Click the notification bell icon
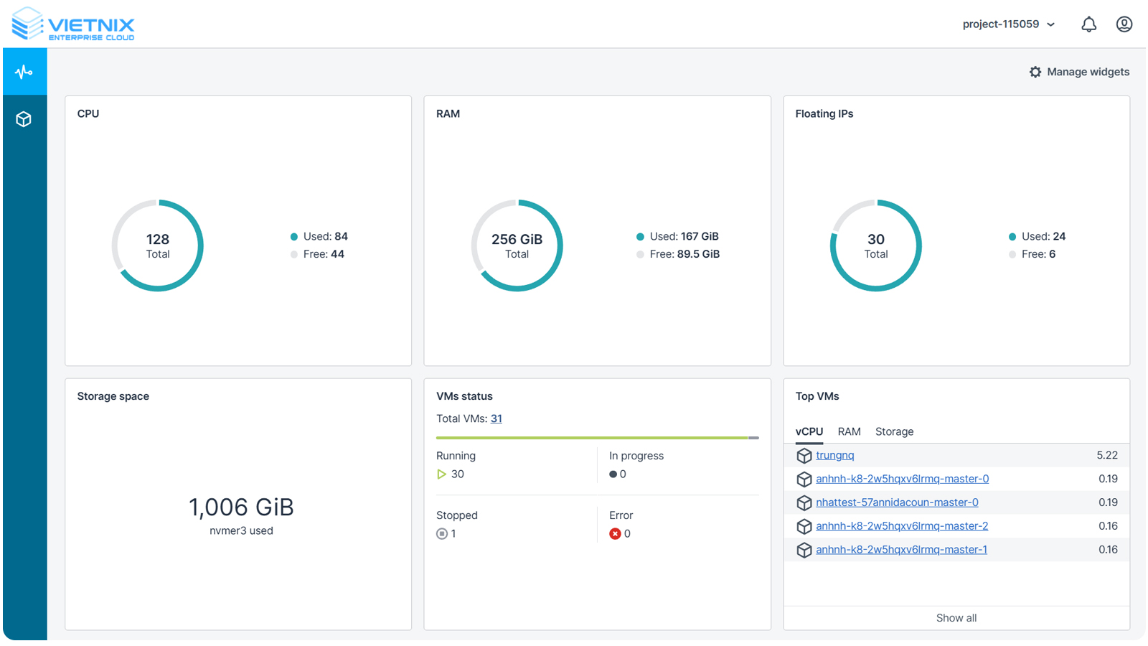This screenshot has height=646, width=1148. click(1088, 24)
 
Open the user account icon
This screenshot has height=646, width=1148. click(1124, 24)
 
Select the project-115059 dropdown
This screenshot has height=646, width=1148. click(1008, 24)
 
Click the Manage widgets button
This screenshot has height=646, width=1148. click(1079, 72)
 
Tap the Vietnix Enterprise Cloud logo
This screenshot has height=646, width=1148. click(73, 24)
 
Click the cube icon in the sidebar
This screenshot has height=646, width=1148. click(24, 119)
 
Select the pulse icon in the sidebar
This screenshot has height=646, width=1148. click(24, 72)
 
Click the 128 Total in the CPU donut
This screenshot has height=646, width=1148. click(158, 245)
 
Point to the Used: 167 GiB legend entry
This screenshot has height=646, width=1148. click(677, 236)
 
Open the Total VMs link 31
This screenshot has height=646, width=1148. click(497, 418)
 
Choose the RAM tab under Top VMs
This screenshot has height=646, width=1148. click(849, 431)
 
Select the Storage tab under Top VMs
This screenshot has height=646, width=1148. click(894, 431)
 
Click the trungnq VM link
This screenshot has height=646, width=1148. click(834, 455)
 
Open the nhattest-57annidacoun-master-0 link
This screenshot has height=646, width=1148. click(897, 502)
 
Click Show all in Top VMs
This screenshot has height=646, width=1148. click(956, 618)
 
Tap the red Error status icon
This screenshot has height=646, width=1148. click(615, 533)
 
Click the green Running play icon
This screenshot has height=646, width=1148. click(442, 474)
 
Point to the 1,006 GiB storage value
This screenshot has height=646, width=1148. click(241, 507)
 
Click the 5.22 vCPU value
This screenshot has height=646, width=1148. click(1107, 455)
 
